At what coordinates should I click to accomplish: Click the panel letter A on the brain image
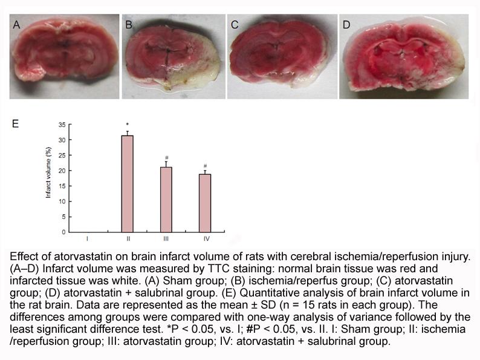click(16, 25)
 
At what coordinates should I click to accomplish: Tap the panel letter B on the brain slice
click(129, 25)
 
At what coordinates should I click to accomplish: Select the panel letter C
click(235, 25)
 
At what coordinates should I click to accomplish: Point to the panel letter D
click(346, 25)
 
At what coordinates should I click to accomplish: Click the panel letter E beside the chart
click(15, 124)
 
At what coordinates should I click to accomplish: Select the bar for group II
click(128, 184)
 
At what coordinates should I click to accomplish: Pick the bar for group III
click(166, 200)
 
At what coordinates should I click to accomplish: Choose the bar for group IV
click(205, 203)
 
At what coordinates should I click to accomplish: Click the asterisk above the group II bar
click(128, 125)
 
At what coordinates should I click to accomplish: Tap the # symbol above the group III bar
click(166, 158)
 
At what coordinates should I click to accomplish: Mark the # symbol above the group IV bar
click(205, 166)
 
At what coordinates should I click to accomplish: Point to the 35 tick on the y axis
click(62, 125)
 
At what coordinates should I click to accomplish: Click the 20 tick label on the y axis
click(62, 171)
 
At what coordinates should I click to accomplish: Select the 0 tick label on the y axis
click(63, 232)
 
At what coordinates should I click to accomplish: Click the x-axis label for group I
click(88, 238)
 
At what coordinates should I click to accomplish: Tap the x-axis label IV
click(207, 238)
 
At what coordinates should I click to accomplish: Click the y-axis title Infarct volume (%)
click(48, 172)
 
